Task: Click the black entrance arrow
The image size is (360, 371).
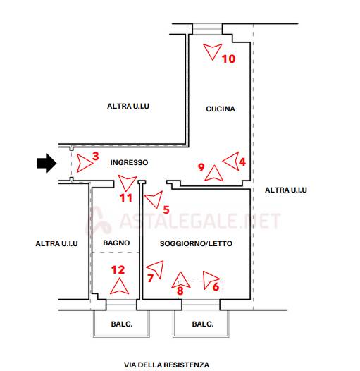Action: [46, 163]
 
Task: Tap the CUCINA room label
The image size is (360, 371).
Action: [221, 109]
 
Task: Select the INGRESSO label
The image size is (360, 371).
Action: [129, 162]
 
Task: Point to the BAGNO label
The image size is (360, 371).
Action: [116, 243]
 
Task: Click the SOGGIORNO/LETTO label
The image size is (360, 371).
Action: [196, 243]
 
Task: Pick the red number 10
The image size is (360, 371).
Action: [228, 59]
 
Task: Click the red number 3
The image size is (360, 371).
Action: [96, 156]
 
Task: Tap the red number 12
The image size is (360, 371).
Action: [118, 269]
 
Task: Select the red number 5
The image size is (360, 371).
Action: [166, 209]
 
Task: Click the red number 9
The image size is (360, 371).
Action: [201, 167]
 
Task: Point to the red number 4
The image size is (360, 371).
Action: [242, 162]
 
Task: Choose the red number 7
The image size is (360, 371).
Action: [150, 278]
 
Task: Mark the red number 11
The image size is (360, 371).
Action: [125, 197]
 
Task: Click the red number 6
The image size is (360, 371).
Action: [216, 287]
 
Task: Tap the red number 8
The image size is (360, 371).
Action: [180, 291]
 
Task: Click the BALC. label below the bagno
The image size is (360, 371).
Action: [122, 324]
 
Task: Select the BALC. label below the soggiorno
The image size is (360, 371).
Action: [203, 324]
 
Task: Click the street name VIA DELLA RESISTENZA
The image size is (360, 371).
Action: [166, 365]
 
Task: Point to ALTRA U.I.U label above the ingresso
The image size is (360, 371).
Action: [128, 106]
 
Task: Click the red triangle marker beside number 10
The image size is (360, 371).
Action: [212, 51]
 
